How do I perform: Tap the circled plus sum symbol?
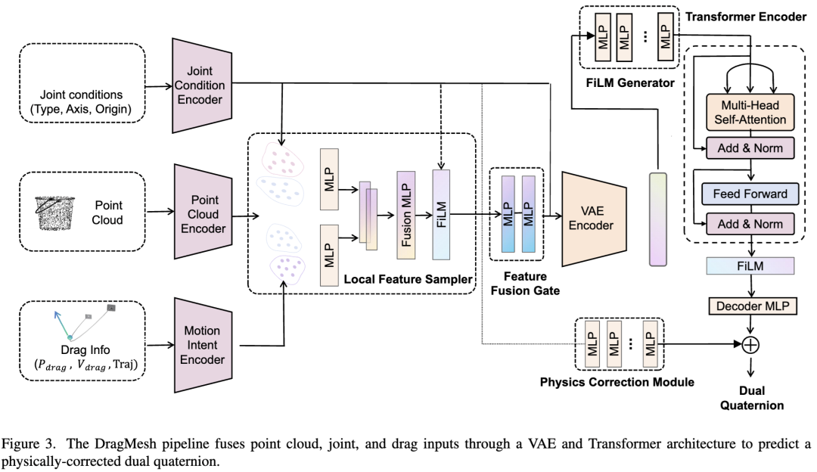pos(750,344)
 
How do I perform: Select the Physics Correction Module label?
pos(617,382)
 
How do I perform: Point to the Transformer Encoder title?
pos(745,16)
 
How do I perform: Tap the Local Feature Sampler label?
pos(406,280)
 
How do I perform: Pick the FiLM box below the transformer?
pos(750,265)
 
